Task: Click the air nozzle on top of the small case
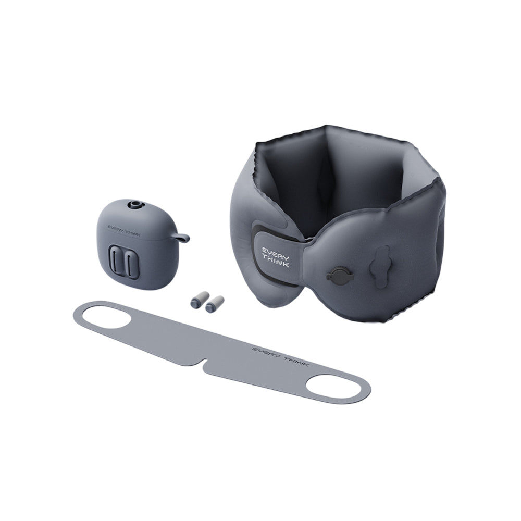(135, 204)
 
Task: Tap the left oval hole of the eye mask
(104, 317)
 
